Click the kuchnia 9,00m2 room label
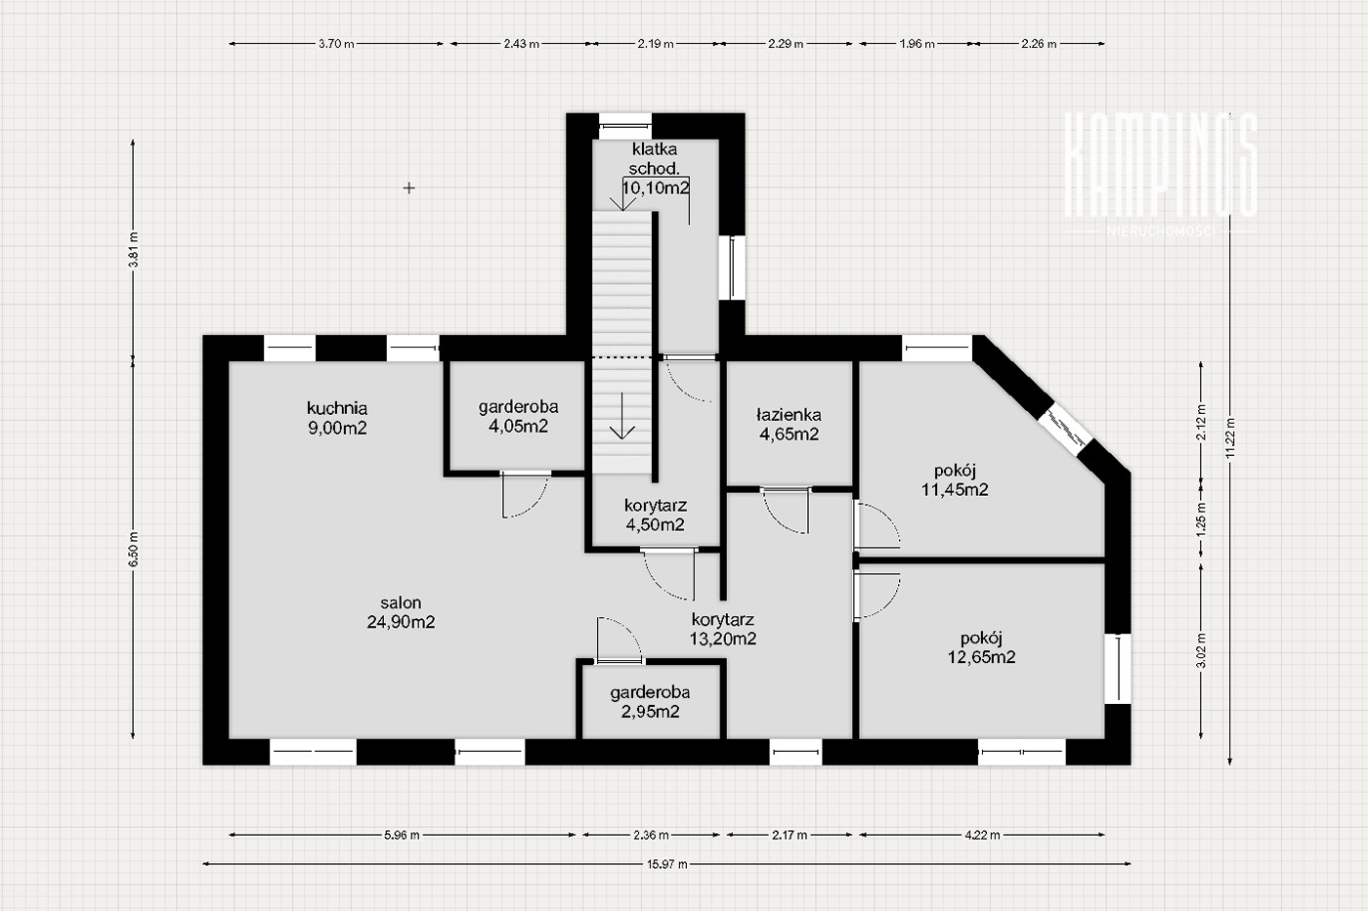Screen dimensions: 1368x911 (x=337, y=418)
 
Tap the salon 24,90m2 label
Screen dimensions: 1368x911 (x=401, y=612)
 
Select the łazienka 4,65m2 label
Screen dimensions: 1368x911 (x=789, y=424)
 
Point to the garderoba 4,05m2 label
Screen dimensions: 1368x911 (x=518, y=416)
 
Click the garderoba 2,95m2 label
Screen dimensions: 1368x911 (x=650, y=702)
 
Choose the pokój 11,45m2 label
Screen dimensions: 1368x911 (x=955, y=479)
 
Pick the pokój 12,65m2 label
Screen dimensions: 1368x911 (x=981, y=647)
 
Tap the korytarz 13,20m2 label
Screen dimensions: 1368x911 (x=722, y=629)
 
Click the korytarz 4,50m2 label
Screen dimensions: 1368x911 (x=656, y=515)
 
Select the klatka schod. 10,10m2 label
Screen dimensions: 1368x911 (x=655, y=168)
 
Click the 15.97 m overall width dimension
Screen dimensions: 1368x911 (x=666, y=864)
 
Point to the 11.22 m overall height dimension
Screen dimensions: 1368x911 (x=1230, y=436)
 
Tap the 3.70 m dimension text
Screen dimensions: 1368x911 (x=336, y=44)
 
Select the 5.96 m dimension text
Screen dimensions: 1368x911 (x=402, y=835)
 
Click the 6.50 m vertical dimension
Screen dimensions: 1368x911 (x=133, y=549)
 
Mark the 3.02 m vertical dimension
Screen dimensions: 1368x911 (x=1201, y=651)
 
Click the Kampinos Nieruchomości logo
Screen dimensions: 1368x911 (x=1161, y=175)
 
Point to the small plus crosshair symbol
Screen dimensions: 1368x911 (x=409, y=187)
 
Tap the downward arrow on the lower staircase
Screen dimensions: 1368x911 (x=621, y=416)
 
